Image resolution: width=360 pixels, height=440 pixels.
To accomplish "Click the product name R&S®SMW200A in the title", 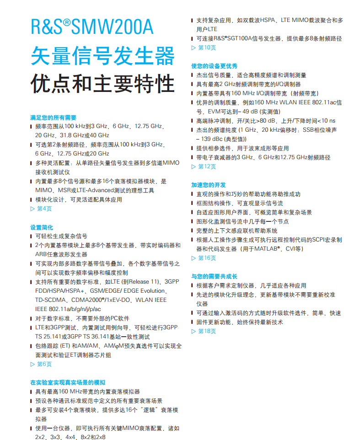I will [x=91, y=28].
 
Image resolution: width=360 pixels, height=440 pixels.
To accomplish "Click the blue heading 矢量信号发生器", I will [x=102, y=56].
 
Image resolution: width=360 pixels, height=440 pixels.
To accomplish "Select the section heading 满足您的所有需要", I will [x=53, y=118].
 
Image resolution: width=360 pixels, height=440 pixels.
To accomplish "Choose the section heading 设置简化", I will [x=42, y=227].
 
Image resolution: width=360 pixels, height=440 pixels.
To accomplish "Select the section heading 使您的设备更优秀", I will [x=214, y=66].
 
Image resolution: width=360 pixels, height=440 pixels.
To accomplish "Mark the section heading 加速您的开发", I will [x=208, y=185].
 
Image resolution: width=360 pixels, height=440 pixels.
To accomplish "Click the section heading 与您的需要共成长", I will [x=214, y=276].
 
